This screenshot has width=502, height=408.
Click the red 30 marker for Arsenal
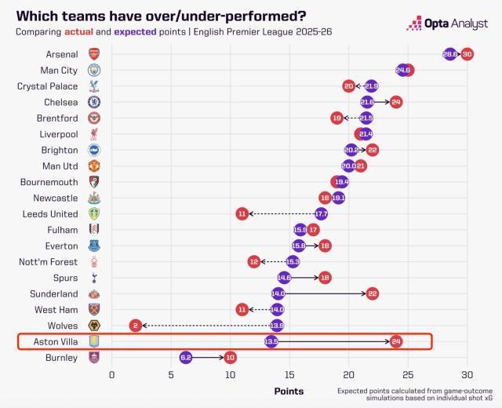(x=467, y=54)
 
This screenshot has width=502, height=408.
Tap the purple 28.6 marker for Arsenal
(x=450, y=54)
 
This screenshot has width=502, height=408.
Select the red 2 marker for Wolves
(x=135, y=325)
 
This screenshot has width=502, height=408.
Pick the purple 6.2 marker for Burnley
(x=185, y=357)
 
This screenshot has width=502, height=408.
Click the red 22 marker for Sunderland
(x=372, y=293)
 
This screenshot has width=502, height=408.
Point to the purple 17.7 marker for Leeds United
(x=321, y=213)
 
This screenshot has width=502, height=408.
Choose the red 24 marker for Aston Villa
(x=396, y=341)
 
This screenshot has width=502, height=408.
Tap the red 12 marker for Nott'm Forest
(x=254, y=261)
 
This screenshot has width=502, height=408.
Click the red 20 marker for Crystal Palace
(x=349, y=86)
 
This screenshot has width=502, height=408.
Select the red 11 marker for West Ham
(x=242, y=309)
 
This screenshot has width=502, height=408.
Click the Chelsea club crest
(x=94, y=102)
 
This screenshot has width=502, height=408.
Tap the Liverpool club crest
(x=94, y=134)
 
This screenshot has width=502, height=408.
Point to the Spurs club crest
(x=94, y=278)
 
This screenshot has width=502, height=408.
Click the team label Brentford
(x=56, y=118)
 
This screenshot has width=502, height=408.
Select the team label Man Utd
(x=60, y=166)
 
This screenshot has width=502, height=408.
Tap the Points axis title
(x=289, y=390)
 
